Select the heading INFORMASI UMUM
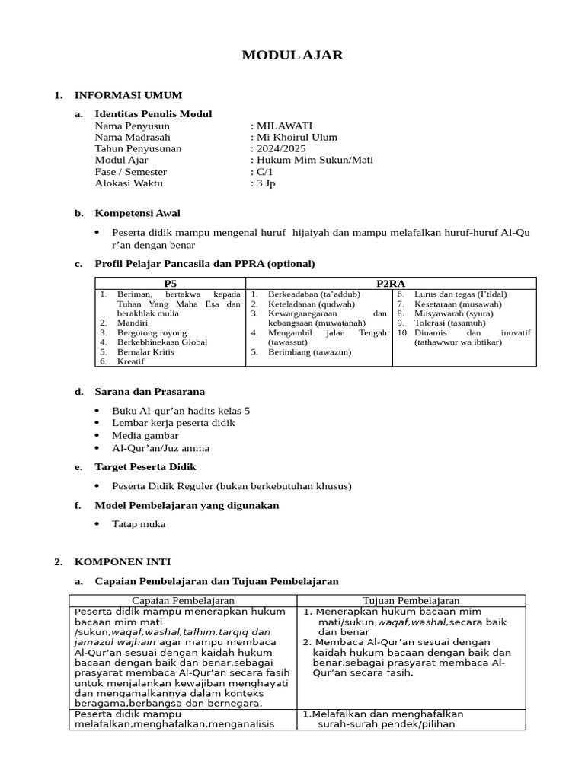coord(128,95)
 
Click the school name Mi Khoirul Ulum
coord(296,137)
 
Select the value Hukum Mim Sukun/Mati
coord(314,160)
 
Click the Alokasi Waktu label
coord(129,183)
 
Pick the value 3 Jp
coord(266,183)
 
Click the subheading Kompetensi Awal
coord(137,213)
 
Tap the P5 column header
coord(170,283)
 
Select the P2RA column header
coord(391,283)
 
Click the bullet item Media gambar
coord(145,435)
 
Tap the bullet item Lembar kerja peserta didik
coord(173,422)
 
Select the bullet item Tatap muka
coord(138,523)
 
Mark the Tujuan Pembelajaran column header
coord(411,600)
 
